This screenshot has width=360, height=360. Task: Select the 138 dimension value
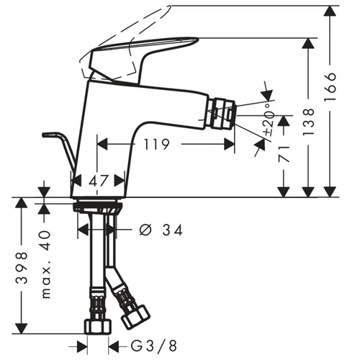click(308, 122)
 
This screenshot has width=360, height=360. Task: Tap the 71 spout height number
click(284, 153)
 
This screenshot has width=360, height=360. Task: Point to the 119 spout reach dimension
click(156, 144)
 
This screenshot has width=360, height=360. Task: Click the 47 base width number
click(99, 181)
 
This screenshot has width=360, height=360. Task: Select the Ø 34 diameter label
click(161, 230)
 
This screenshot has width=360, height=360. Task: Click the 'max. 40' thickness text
click(46, 264)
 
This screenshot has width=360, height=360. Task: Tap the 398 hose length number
click(22, 268)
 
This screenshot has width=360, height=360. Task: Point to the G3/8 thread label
click(154, 346)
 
